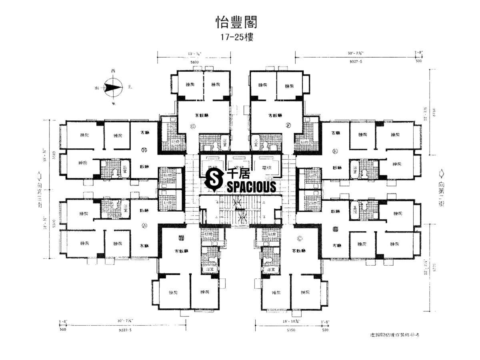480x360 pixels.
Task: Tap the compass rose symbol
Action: pyautogui.click(x=113, y=87)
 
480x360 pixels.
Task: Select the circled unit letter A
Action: pyautogui.click(x=145, y=226)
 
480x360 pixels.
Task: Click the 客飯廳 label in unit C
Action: pyautogui.click(x=298, y=251)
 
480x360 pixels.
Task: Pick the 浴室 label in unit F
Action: pyautogui.click(x=254, y=142)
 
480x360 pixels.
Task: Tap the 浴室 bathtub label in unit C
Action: pyautogui.click(x=270, y=270)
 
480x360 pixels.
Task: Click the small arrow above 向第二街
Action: pyautogui.click(x=441, y=174)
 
